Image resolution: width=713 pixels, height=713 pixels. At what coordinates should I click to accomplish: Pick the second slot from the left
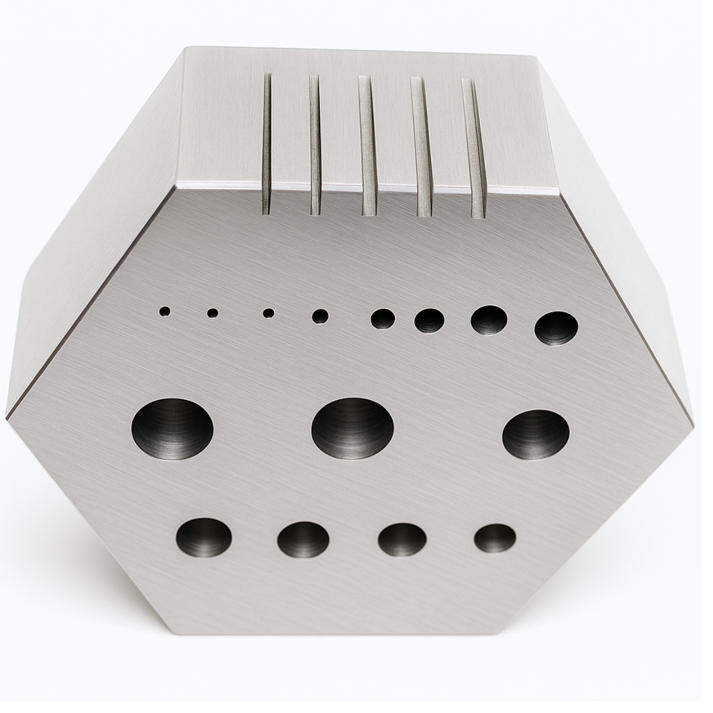coord(315,144)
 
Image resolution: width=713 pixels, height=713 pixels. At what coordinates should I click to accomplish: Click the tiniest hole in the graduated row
coord(165,310)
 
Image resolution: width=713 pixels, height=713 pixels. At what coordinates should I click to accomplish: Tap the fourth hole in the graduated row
coord(321,316)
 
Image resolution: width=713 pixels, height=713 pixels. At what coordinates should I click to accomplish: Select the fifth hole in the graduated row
coord(383,318)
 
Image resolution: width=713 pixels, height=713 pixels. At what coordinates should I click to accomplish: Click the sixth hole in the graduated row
coord(430,321)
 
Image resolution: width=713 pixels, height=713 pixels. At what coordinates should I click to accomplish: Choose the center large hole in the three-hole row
coord(352,428)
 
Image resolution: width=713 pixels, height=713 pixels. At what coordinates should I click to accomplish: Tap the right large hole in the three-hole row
coord(536,434)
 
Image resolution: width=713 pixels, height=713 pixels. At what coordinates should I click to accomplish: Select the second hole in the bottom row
coord(303,540)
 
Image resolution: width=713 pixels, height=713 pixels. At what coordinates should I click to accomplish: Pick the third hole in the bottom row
coord(402,540)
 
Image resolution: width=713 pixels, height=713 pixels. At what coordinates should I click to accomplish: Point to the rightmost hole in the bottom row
coord(494,539)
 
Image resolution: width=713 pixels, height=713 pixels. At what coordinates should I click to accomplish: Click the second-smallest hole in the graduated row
coord(213,312)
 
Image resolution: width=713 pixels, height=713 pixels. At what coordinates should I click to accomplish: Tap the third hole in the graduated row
coord(269,312)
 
